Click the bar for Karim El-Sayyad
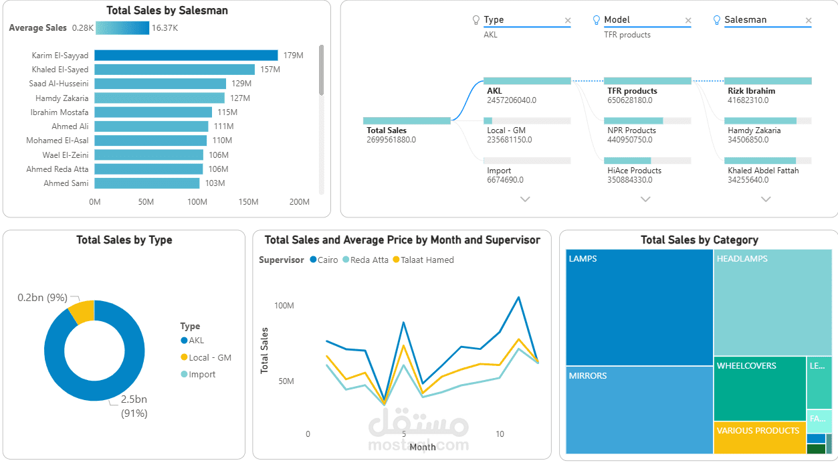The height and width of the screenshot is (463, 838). coord(186,56)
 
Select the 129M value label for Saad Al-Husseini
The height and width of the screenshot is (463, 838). coord(241,84)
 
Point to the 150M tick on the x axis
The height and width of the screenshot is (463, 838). coord(248,202)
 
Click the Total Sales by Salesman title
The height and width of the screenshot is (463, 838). coord(167,11)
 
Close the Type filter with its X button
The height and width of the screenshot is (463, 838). coord(568,21)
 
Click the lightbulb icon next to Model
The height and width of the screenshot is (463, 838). coord(597,20)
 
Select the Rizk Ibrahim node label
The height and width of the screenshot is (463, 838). coord(751,91)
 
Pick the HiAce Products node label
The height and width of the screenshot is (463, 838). coord(634,171)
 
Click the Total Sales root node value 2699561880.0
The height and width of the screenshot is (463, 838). coord(391,140)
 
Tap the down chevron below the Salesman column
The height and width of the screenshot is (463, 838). coord(766,199)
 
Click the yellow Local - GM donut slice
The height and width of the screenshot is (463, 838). coord(82,312)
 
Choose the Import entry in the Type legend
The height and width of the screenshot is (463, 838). coord(202,375)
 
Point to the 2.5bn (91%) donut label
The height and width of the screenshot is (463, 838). coord(134,406)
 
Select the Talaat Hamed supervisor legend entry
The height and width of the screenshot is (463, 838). coord(427,260)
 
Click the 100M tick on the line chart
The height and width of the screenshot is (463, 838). coord(284,306)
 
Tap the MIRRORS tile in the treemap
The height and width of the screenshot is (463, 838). coord(639,409)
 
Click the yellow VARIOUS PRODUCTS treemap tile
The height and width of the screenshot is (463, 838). coord(759,438)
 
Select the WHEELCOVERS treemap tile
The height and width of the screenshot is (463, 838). coord(759,388)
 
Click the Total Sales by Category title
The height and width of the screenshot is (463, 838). coord(699,240)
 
